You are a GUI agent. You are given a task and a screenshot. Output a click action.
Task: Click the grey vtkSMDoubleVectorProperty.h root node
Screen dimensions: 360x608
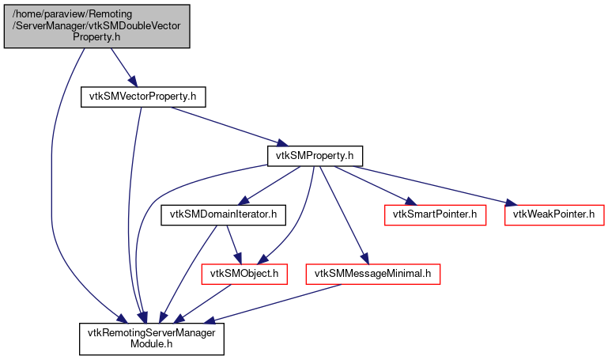[x=96, y=25]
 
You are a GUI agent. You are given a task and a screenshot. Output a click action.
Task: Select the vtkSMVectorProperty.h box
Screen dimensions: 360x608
[x=143, y=97]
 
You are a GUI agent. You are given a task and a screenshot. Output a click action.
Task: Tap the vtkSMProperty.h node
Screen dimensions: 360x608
[x=315, y=155]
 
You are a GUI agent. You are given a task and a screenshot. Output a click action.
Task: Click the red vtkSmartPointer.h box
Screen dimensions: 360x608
[x=434, y=214]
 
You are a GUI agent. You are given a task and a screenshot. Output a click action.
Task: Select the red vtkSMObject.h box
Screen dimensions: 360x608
[x=244, y=274]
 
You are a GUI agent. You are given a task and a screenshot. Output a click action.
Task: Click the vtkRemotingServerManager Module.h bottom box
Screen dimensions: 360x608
[x=151, y=339]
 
